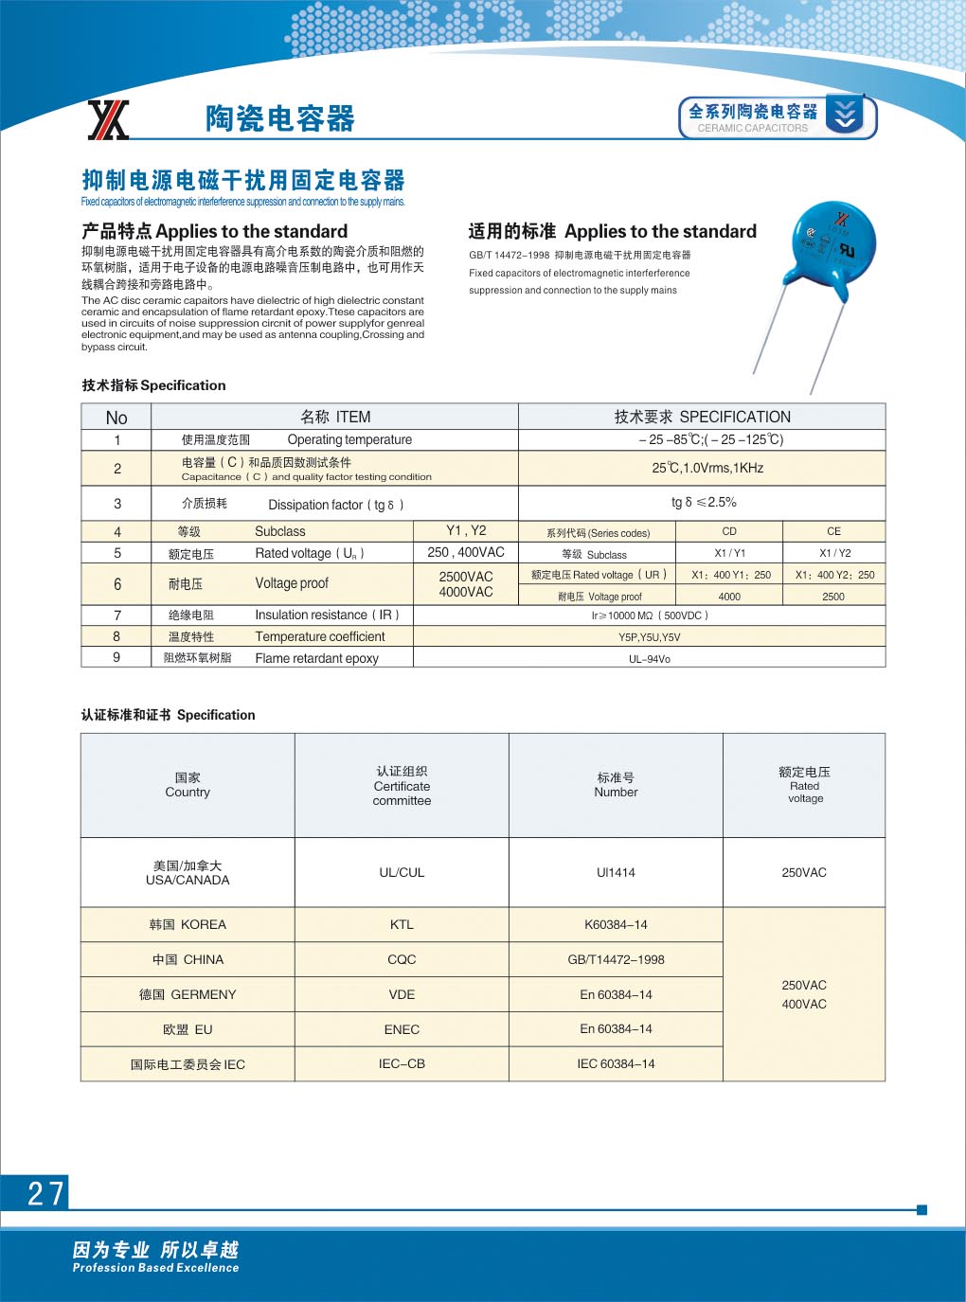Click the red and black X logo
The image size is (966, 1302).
[x=108, y=120]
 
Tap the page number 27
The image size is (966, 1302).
[x=45, y=1193]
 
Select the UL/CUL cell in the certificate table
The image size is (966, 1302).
[x=402, y=873]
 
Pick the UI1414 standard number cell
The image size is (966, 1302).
[x=616, y=873]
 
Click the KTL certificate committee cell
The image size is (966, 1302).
[x=402, y=925]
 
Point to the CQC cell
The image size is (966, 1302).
[x=402, y=960]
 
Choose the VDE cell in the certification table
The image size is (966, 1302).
[x=402, y=995]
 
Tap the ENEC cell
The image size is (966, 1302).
[x=402, y=1030]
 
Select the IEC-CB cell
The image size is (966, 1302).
[x=402, y=1064]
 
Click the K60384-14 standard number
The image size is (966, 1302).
[x=616, y=925]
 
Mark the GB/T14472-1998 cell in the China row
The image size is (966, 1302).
[x=616, y=960]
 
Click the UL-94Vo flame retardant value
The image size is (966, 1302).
[x=650, y=659]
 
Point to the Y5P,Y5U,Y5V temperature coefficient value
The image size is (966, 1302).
[x=650, y=637]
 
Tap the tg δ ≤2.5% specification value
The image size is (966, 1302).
[x=704, y=503]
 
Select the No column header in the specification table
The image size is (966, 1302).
[x=116, y=418]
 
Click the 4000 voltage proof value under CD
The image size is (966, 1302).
[x=729, y=597]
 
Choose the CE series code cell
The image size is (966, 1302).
[x=833, y=531]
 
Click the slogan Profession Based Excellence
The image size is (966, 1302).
[x=156, y=1268]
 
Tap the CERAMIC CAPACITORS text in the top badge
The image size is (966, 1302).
[x=753, y=129]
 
